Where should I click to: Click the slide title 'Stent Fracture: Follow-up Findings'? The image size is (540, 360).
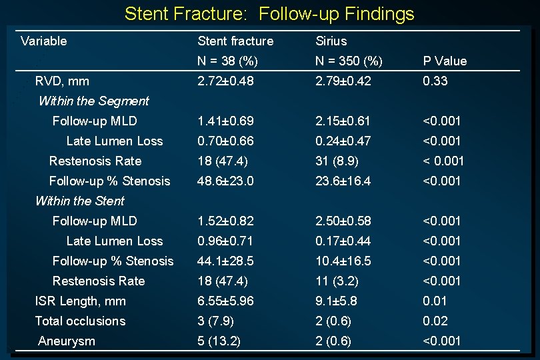coord(269,13)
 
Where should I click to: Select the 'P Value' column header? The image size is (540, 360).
coord(445,61)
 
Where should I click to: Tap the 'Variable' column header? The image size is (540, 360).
coord(44,41)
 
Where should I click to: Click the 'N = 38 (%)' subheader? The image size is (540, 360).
coord(227,61)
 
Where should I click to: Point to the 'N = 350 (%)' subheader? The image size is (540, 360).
coord(349,61)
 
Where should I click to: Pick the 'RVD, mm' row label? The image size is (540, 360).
coord(62,81)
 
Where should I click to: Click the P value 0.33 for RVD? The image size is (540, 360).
coord(435,81)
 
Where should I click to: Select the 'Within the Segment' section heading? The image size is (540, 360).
coord(93,101)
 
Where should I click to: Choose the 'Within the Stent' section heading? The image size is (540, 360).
coord(79,201)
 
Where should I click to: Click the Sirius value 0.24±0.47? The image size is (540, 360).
coord(343,141)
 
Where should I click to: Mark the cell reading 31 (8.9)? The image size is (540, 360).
coord(338,161)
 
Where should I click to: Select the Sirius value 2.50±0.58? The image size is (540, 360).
coord(343,221)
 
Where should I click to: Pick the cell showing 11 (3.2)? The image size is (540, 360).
coord(338,281)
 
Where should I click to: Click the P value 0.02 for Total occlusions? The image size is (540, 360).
coord(435,321)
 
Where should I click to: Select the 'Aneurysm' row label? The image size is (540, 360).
coord(67,341)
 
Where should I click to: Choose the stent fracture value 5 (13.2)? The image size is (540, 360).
coord(219,341)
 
